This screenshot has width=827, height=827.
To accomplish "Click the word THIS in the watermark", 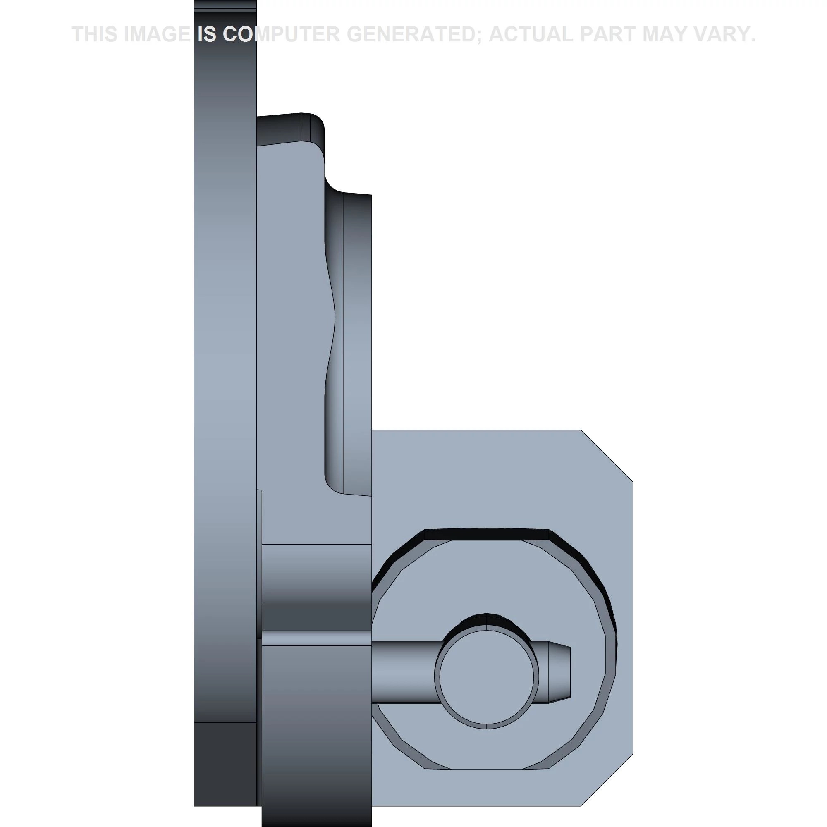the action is click(x=96, y=34).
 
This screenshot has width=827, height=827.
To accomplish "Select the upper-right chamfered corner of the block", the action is click(x=607, y=455).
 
